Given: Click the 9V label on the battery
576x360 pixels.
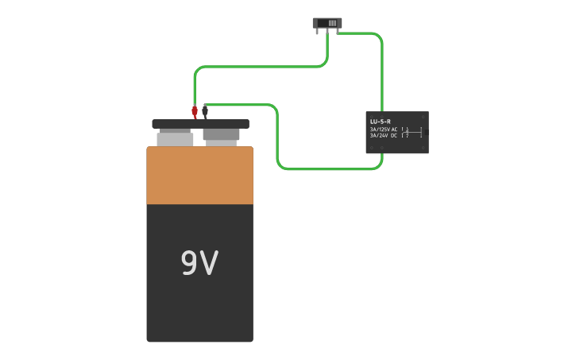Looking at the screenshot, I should click(x=199, y=263).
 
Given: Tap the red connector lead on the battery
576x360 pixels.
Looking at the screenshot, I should click(x=195, y=110).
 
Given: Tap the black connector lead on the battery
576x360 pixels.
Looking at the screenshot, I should click(x=205, y=110).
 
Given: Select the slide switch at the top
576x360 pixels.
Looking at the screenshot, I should click(x=327, y=23).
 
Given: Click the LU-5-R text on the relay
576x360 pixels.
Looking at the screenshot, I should click(x=381, y=122).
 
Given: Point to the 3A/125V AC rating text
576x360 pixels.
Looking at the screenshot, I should click(x=384, y=129).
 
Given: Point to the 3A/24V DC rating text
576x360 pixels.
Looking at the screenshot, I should click(x=384, y=135).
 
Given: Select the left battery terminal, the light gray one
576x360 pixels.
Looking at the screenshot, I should click(x=175, y=138).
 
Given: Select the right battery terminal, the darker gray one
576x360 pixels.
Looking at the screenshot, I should click(x=221, y=135).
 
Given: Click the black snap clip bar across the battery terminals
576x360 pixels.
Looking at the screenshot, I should click(x=200, y=124).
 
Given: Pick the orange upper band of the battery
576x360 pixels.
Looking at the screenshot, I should click(x=199, y=175).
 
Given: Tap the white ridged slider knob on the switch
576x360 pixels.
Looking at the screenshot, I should click(x=332, y=23).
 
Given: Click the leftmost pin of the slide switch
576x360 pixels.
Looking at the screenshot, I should click(x=317, y=32).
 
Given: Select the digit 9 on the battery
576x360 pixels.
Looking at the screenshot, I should click(x=189, y=263).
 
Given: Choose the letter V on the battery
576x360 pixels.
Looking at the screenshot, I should click(x=209, y=263).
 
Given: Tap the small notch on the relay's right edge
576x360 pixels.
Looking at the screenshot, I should click(x=427, y=132).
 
